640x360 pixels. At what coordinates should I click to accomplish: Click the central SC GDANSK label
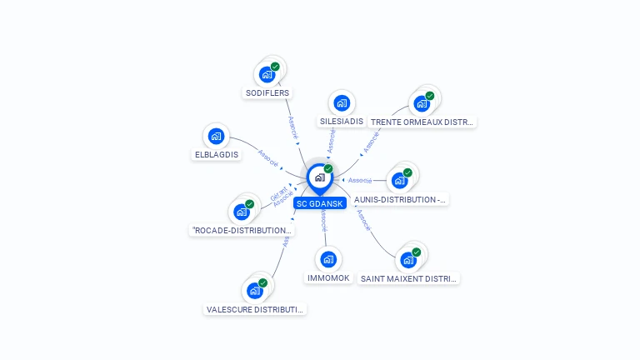pyautogui.click(x=319, y=203)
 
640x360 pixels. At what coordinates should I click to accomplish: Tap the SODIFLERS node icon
pyautogui.click(x=267, y=74)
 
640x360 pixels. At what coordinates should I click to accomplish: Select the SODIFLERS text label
pyautogui.click(x=267, y=93)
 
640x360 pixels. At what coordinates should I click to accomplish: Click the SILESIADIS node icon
pyautogui.click(x=341, y=103)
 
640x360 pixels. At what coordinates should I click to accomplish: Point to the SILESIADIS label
pyautogui.click(x=342, y=122)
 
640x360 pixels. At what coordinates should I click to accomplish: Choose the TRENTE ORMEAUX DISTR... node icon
pyautogui.click(x=422, y=104)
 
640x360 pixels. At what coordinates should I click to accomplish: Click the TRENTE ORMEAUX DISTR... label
pyautogui.click(x=422, y=122)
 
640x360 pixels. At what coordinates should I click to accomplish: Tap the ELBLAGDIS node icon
pyautogui.click(x=216, y=136)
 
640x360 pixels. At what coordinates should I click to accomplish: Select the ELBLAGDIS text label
pyautogui.click(x=217, y=154)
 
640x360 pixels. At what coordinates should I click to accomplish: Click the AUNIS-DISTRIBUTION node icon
pyautogui.click(x=400, y=181)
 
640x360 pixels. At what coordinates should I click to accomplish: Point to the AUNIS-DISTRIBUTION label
pyautogui.click(x=400, y=200)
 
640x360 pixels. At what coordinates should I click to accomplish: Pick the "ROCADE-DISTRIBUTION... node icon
pyautogui.click(x=242, y=212)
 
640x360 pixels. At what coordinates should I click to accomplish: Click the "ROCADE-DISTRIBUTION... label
pyautogui.click(x=242, y=231)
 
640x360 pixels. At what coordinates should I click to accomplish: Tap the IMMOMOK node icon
pyautogui.click(x=328, y=259)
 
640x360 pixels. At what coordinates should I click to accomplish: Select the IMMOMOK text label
pyautogui.click(x=328, y=277)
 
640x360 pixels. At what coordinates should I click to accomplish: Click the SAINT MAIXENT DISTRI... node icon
pyautogui.click(x=408, y=260)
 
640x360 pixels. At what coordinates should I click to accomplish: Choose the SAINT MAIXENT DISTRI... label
pyautogui.click(x=408, y=278)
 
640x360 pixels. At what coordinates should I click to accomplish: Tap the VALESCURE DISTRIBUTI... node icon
pyautogui.click(x=255, y=291)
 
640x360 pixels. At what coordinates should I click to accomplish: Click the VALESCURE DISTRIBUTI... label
pyautogui.click(x=256, y=309)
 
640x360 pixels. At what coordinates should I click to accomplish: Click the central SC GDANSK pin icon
pyautogui.click(x=319, y=177)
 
